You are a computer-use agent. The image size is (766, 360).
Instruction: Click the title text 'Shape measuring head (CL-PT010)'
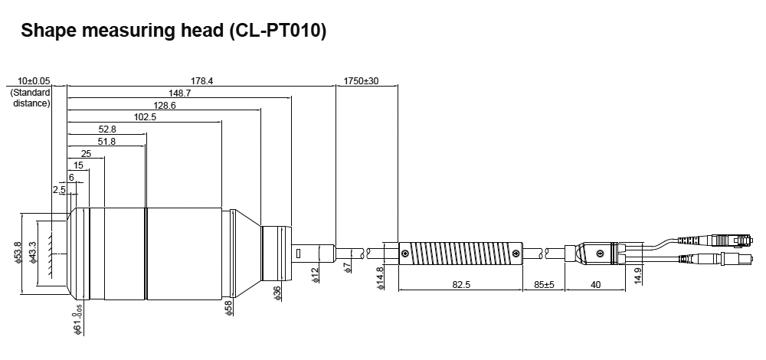click(174, 31)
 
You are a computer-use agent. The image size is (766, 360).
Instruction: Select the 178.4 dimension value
click(201, 80)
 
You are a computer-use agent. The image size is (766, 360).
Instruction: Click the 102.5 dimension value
click(145, 117)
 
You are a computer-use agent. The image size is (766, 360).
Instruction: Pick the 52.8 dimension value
click(107, 129)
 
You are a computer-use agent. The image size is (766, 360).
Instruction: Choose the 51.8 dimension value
click(107, 142)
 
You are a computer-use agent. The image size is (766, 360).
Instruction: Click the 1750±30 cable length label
click(361, 80)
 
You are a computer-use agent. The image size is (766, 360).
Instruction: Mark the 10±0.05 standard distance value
click(33, 80)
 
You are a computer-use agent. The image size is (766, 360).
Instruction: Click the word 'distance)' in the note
click(31, 103)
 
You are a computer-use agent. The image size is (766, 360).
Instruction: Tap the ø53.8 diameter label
click(18, 252)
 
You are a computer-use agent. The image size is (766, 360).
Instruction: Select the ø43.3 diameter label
click(32, 252)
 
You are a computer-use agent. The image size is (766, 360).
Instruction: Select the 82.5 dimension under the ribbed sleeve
click(460, 286)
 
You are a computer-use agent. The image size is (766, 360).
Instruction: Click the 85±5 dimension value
click(544, 286)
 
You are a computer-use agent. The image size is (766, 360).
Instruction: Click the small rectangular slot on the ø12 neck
click(299, 253)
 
